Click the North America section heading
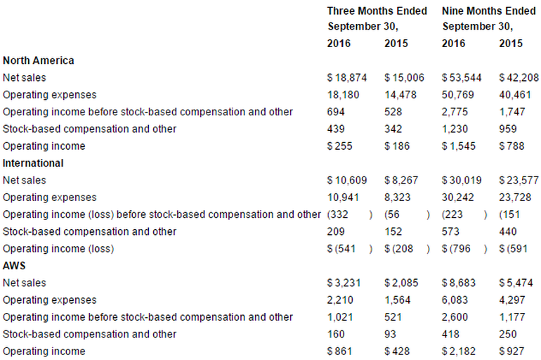pyautogui.click(x=39, y=60)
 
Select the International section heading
pyautogui.click(x=33, y=163)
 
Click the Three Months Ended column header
pyautogui.click(x=377, y=11)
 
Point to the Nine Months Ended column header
pyautogui.click(x=489, y=11)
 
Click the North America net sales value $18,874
pyautogui.click(x=347, y=77)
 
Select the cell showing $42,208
pyautogui.click(x=519, y=77)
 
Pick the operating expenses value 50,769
pyautogui.click(x=457, y=94)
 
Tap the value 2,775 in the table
pyautogui.click(x=455, y=112)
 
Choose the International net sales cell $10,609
pyautogui.click(x=347, y=180)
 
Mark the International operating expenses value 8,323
pyautogui.click(x=398, y=198)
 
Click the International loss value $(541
pyautogui.click(x=343, y=249)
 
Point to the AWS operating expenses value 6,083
pyautogui.click(x=455, y=300)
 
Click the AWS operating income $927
pyautogui.click(x=514, y=352)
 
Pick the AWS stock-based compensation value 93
pyautogui.click(x=391, y=334)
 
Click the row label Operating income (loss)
pyautogui.click(x=58, y=249)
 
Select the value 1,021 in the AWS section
pyautogui.click(x=340, y=317)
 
